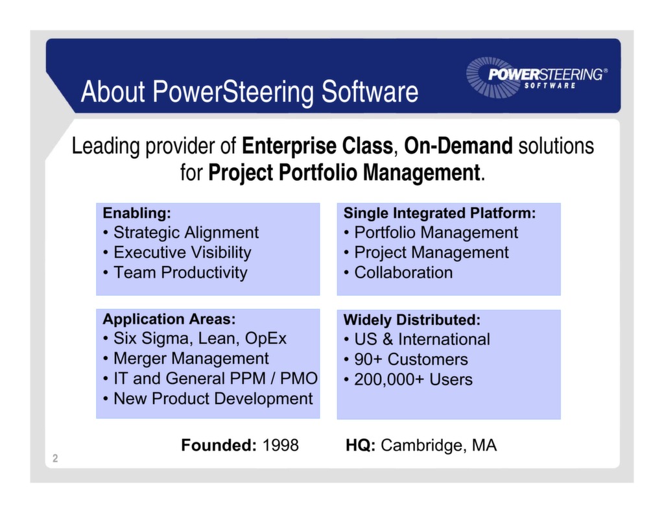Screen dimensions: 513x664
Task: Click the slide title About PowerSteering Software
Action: coord(249,92)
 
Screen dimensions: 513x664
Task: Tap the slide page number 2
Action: coord(55,459)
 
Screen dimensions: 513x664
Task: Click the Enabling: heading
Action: coord(137,213)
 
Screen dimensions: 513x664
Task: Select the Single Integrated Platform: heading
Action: coord(439,213)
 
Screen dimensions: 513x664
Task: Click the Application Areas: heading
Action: coord(169,319)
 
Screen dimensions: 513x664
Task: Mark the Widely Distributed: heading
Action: coord(411,320)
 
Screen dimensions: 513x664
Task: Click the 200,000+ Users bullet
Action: coord(413,379)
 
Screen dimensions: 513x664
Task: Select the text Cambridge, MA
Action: coord(438,445)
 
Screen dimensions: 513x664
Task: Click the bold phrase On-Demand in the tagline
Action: coord(458,146)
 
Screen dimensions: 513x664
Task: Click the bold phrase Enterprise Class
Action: coord(317,146)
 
